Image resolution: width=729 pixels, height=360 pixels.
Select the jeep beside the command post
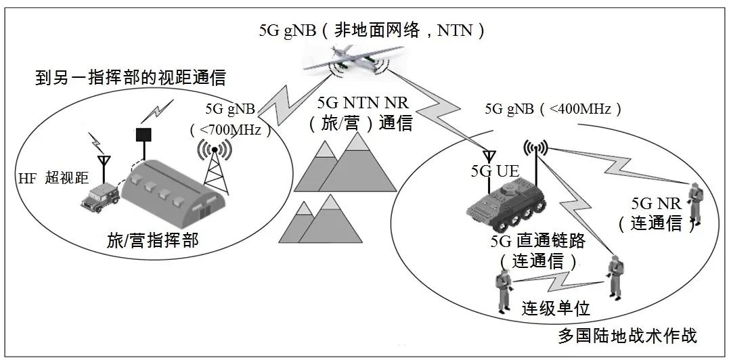pyautogui.click(x=100, y=197)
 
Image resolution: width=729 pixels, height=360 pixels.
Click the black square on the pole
pyautogui.click(x=143, y=135)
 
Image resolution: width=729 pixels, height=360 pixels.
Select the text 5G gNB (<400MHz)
pyautogui.click(x=554, y=108)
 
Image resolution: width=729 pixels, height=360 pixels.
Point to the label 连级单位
pyautogui.click(x=556, y=309)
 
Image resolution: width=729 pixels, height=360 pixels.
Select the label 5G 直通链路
pyautogui.click(x=537, y=241)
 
